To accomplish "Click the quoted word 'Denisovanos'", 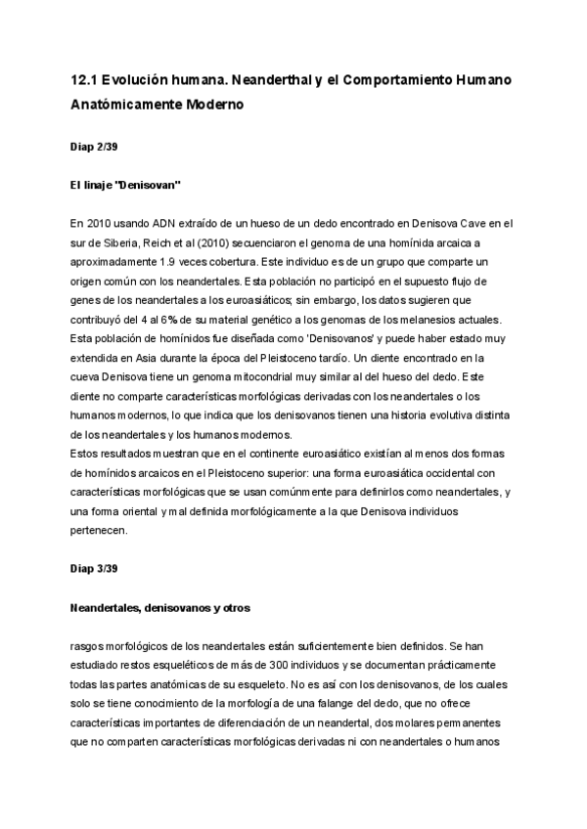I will point(305,339).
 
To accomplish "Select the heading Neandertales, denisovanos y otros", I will point(160,608).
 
